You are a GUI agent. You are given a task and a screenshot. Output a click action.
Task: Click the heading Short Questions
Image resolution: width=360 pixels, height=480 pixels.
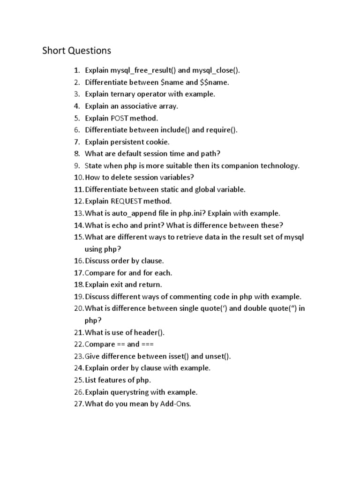(77, 51)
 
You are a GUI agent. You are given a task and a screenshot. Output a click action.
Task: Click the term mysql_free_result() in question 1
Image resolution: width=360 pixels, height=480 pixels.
(143, 70)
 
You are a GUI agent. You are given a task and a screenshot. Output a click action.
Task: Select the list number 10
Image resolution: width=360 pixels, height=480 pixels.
(78, 177)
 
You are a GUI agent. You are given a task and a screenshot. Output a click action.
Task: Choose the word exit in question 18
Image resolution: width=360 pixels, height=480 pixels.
(116, 285)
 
